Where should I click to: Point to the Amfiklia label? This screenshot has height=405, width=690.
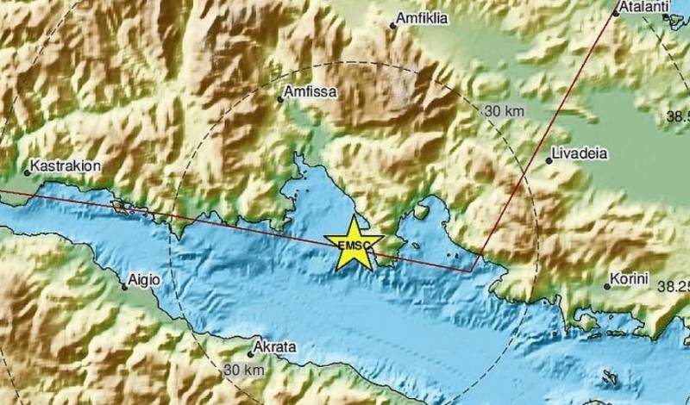pyautogui.click(x=422, y=17)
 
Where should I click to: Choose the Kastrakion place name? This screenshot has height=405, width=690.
pyautogui.click(x=61, y=164)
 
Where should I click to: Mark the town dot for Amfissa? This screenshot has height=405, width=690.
pyautogui.click(x=279, y=99)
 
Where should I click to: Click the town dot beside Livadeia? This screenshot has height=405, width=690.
pyautogui.click(x=549, y=160)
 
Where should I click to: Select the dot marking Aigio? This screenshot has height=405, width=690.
pyautogui.click(x=124, y=288)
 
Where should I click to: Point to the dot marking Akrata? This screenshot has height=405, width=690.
pyautogui.click(x=250, y=354)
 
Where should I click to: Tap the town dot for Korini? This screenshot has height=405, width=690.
pyautogui.click(x=606, y=286)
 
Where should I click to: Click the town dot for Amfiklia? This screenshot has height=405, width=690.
pyautogui.click(x=393, y=25)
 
